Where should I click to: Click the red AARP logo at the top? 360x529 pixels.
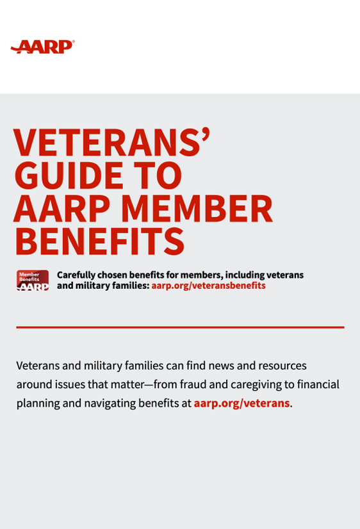point(43,47)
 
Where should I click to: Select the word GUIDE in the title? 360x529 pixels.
point(69,175)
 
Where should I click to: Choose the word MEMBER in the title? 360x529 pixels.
point(197,208)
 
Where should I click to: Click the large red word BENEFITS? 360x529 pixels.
point(99,241)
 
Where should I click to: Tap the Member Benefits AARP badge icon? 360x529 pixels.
point(33,281)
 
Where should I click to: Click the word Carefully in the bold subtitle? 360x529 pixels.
point(76,275)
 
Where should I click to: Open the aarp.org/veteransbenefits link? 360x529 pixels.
point(208,286)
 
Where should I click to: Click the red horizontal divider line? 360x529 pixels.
point(180,327)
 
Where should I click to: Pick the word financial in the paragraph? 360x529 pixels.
point(318,384)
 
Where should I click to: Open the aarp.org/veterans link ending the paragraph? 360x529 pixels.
point(241,403)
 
